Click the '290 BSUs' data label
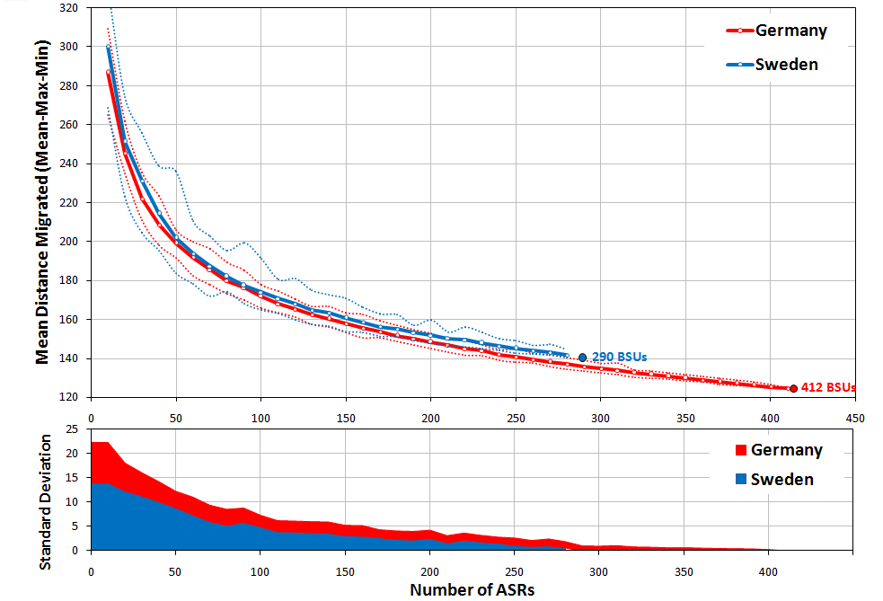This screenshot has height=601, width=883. click(x=619, y=358)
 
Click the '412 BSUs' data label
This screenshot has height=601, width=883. click(x=827, y=389)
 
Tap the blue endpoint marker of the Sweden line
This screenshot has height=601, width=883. click(x=582, y=358)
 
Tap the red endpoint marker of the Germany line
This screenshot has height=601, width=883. click(x=793, y=389)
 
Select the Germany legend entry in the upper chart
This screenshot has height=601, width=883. click(x=777, y=31)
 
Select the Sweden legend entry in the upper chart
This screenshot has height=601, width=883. click(x=773, y=65)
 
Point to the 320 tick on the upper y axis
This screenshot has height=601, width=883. click(x=68, y=8)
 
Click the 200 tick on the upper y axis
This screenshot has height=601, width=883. click(x=68, y=242)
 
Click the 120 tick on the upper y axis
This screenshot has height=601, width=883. click(x=68, y=397)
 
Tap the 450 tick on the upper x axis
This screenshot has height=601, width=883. click(x=855, y=418)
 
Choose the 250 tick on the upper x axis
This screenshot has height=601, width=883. click(x=516, y=418)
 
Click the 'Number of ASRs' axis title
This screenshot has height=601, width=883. click(x=472, y=590)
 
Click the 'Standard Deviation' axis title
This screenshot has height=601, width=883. click(x=44, y=499)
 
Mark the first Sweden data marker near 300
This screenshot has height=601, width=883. click(x=109, y=48)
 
